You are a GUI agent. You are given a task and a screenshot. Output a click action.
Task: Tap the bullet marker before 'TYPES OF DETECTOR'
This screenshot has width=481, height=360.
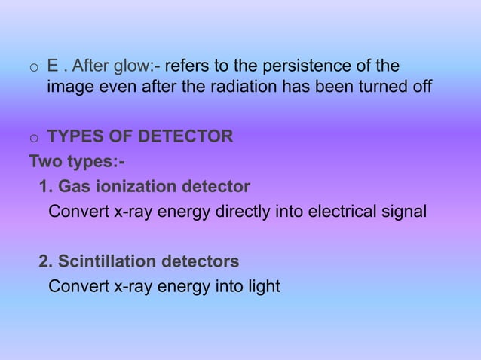click(x=33, y=139)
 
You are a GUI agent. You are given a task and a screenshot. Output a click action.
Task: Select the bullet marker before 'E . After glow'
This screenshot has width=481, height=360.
click(x=33, y=68)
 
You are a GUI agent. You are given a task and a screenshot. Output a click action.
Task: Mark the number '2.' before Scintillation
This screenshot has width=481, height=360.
click(x=45, y=261)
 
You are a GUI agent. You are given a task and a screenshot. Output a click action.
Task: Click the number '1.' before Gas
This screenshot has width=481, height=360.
click(x=45, y=186)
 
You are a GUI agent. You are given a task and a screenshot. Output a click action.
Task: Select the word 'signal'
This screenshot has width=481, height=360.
click(x=402, y=212)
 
